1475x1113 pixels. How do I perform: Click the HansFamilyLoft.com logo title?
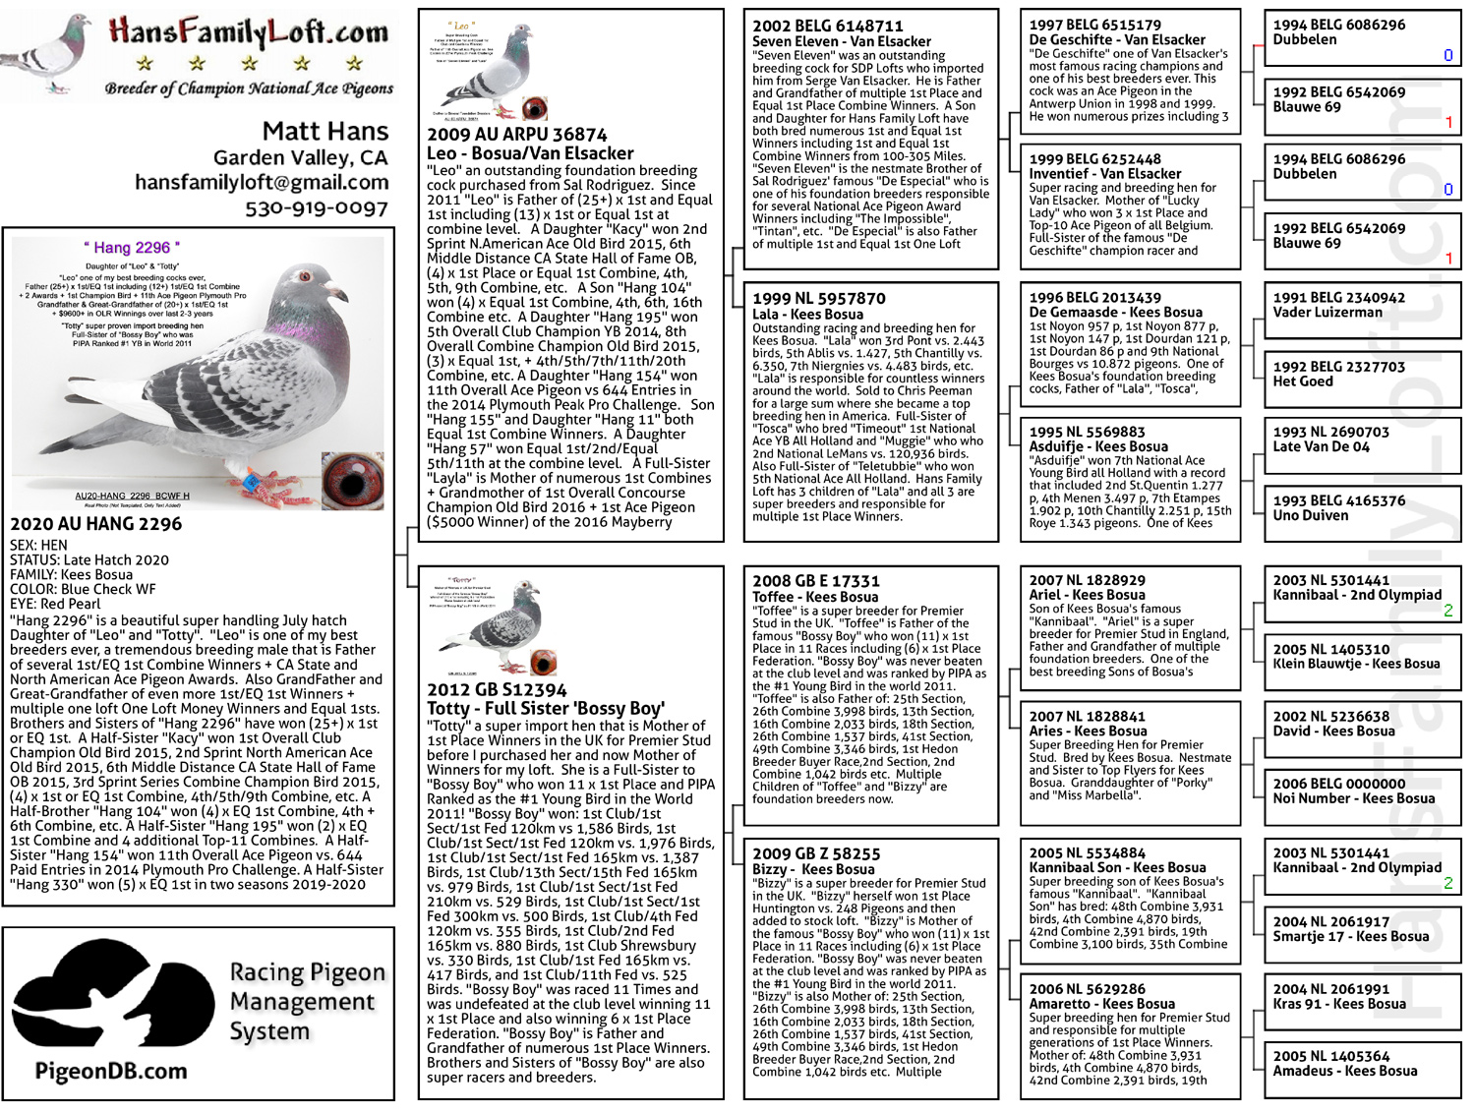tap(249, 32)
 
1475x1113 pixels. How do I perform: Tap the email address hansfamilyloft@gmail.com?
tap(262, 182)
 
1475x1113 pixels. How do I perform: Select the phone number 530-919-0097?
tap(317, 208)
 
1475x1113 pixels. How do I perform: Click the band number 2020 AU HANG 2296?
tap(96, 524)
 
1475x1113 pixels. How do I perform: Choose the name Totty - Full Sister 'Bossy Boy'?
tap(546, 708)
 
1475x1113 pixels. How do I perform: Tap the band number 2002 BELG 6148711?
tap(827, 27)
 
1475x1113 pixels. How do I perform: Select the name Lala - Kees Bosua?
tap(807, 315)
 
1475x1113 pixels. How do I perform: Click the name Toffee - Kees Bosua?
tap(815, 597)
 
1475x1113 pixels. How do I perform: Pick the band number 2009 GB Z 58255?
tap(816, 853)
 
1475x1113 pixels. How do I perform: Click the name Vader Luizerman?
tap(1327, 313)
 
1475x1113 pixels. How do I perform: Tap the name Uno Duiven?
tap(1311, 515)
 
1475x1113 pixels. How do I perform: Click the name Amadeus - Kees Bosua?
tap(1345, 1071)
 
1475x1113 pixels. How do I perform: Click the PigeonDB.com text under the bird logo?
tap(111, 1071)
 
